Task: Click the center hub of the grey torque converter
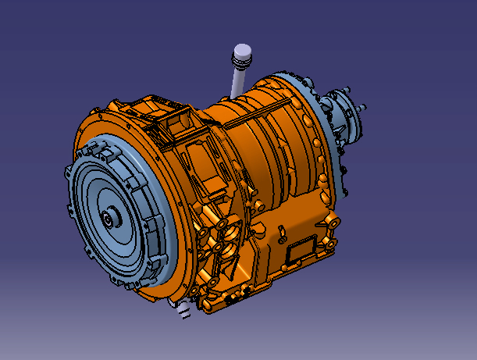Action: (107, 219)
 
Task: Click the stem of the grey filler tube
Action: (237, 82)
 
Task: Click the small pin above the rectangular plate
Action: (278, 232)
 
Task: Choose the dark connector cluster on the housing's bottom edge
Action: (234, 297)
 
